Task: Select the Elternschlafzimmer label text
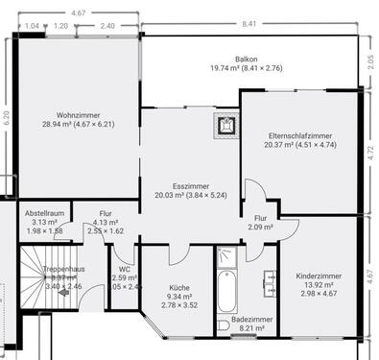[300, 135]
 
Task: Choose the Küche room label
[179, 287]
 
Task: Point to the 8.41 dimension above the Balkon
[249, 22]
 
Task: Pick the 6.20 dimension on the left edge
[7, 118]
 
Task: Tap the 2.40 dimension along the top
[107, 26]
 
